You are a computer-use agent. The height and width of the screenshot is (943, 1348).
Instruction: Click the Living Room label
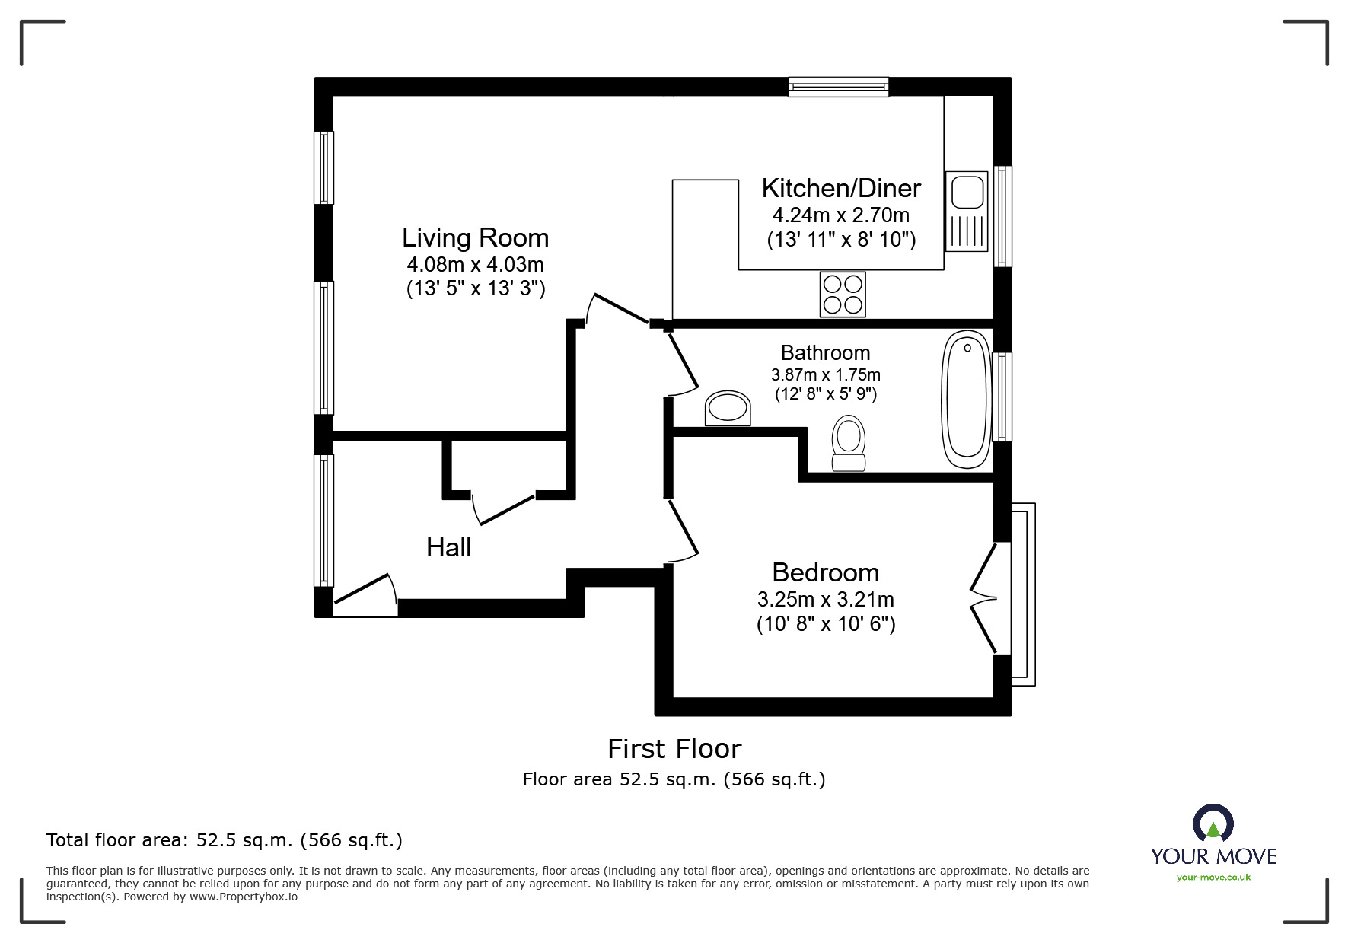coord(475,238)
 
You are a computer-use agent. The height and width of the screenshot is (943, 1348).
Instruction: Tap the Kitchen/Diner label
coord(840,188)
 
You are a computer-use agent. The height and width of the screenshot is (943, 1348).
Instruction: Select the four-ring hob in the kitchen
coord(843,294)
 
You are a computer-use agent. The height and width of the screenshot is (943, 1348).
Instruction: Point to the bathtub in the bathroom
coord(967,400)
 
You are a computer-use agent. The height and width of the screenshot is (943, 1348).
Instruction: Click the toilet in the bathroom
coord(849,444)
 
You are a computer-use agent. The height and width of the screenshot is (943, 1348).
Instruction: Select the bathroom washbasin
coord(727,409)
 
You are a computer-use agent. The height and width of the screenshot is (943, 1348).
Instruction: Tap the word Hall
coord(448,547)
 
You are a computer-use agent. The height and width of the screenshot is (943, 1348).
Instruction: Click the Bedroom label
coord(825,572)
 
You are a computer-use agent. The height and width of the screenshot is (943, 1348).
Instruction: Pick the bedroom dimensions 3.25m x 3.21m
coord(825,599)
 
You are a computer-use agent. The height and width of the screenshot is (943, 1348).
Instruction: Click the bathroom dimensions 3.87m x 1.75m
coord(825,374)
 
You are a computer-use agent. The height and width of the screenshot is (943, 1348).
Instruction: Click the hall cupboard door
coord(504,508)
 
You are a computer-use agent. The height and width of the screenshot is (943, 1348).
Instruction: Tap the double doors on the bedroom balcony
coord(985,597)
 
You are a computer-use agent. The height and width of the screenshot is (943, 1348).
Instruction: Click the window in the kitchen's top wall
coord(838,87)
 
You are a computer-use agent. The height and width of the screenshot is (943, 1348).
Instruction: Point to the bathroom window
coord(1002,397)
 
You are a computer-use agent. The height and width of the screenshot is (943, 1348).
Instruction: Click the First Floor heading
coord(674,749)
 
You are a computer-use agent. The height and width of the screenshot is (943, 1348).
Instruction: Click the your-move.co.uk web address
coord(1213,878)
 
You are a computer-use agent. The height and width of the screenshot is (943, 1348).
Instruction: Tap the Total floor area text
coord(224,840)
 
